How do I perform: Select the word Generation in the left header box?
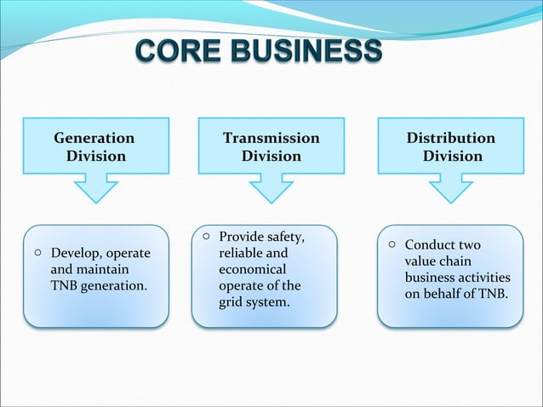94,138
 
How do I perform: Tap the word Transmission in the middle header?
271,138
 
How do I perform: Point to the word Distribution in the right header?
450,138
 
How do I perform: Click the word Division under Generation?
95,156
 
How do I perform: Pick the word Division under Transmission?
271,156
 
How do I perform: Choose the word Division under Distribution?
452,156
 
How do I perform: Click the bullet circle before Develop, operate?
38,253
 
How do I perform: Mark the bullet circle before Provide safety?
206,236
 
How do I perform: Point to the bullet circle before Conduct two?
392,244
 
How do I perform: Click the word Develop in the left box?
73,254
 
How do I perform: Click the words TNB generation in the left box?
98,285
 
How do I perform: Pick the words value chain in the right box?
437,261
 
